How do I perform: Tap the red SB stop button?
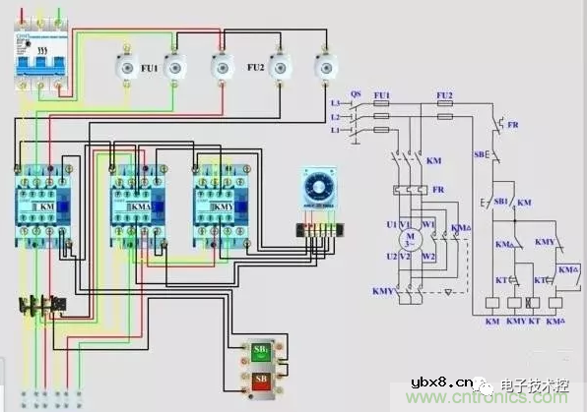263,380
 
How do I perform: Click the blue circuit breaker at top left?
38,63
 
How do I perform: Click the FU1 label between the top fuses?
149,70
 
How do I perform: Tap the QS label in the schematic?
356,94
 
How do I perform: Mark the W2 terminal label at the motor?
427,257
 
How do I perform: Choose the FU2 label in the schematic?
444,94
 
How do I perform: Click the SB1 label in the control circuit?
500,201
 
